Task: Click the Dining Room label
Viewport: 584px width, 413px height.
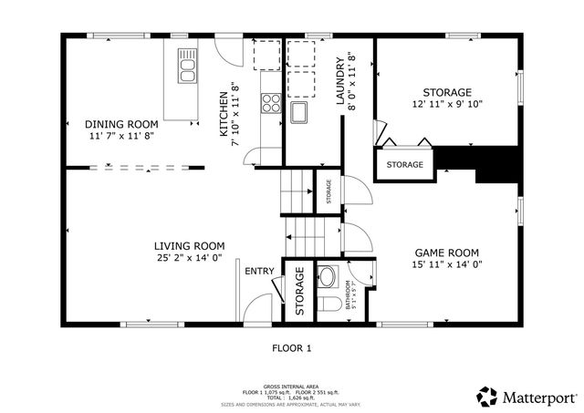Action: pyautogui.click(x=121, y=124)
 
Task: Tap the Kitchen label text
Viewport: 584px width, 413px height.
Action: pyautogui.click(x=223, y=115)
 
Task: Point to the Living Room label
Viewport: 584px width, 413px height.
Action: pyautogui.click(x=189, y=245)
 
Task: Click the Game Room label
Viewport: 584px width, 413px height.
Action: pyautogui.click(x=447, y=253)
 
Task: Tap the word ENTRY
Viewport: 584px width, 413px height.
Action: pyautogui.click(x=259, y=271)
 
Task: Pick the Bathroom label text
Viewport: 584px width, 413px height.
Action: pyautogui.click(x=349, y=294)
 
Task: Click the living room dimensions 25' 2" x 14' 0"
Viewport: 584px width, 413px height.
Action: pyautogui.click(x=189, y=258)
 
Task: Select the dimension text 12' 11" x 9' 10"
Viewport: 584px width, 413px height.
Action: pyautogui.click(x=447, y=104)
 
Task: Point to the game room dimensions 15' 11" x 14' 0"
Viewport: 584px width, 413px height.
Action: pyautogui.click(x=447, y=265)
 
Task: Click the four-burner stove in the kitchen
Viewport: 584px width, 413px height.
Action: pyautogui.click(x=270, y=103)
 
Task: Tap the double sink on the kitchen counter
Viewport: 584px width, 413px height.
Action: pyautogui.click(x=188, y=67)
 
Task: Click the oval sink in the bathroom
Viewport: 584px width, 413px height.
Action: pyautogui.click(x=328, y=276)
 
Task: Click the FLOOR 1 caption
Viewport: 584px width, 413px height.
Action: pyautogui.click(x=292, y=347)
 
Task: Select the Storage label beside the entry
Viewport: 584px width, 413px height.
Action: pyautogui.click(x=298, y=293)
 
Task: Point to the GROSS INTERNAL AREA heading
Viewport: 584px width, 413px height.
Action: pyautogui.click(x=291, y=387)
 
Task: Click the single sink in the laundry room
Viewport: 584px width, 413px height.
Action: pyautogui.click(x=298, y=113)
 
